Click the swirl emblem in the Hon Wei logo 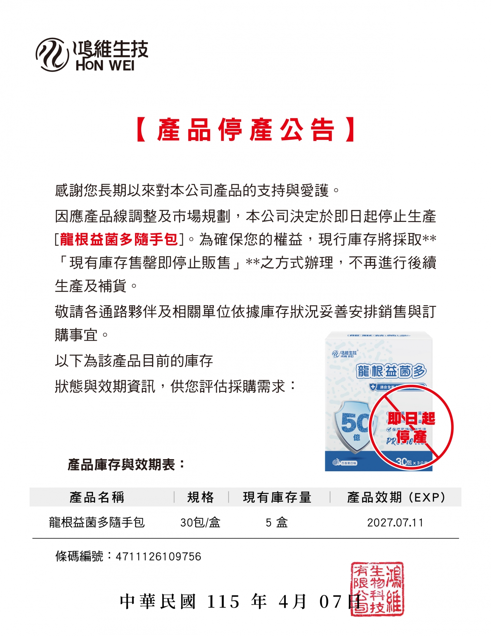point(52,55)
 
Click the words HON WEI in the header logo point(105,66)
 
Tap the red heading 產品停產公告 point(245,130)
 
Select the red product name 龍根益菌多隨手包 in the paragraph point(119,239)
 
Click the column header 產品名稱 point(97,497)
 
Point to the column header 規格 point(200,497)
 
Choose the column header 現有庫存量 point(277,497)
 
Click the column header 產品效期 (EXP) point(396,497)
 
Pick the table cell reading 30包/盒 point(200,522)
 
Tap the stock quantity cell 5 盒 point(277,522)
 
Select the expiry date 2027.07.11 point(395,522)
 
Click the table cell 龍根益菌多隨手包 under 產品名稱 point(97,522)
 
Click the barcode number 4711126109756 point(159,556)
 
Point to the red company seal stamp point(377,589)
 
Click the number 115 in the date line point(223,602)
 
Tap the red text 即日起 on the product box point(412,418)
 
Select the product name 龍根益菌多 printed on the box point(391,371)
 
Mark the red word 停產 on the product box point(412,437)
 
